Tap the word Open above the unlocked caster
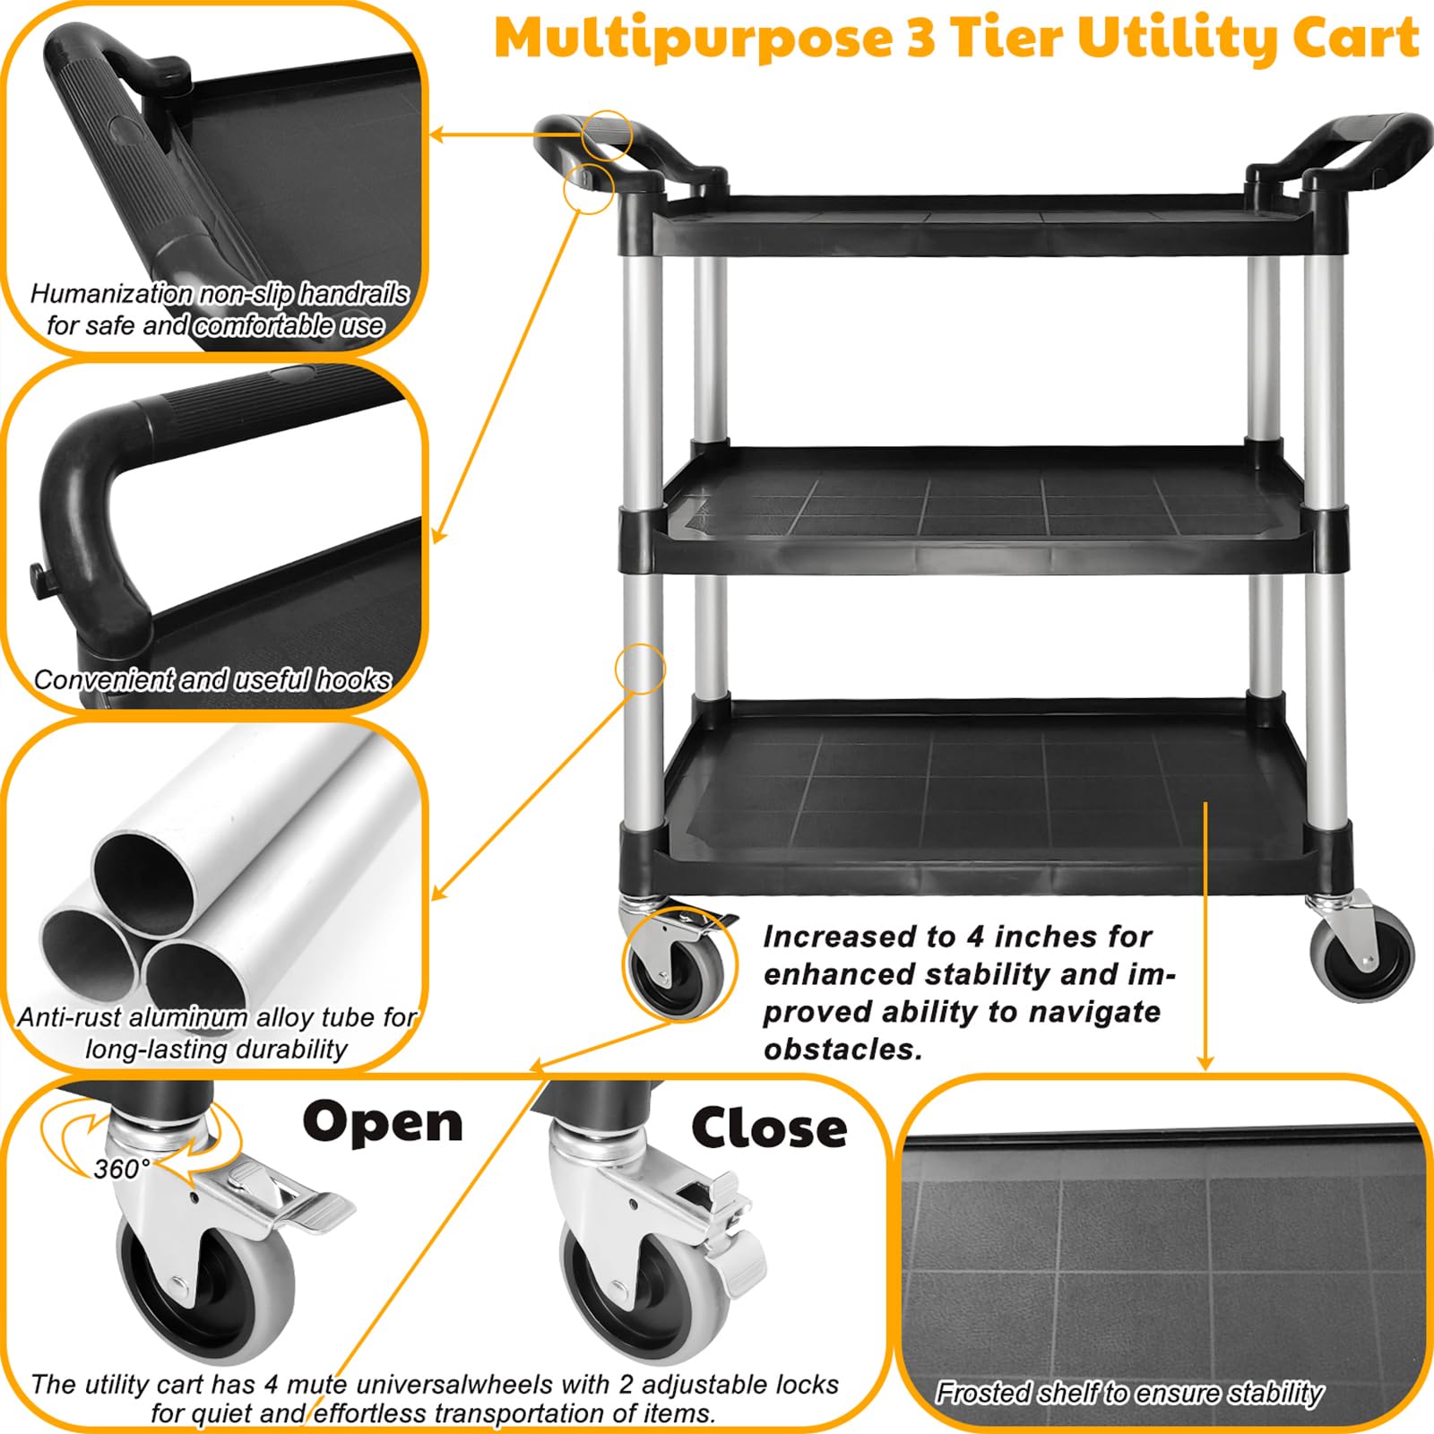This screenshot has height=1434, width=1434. coord(383,1124)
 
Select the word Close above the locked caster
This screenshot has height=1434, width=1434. coord(769,1127)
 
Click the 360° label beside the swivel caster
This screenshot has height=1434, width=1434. coord(122,1169)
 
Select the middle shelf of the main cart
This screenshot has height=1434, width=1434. coord(982,511)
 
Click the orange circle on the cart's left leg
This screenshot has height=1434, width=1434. coord(640,669)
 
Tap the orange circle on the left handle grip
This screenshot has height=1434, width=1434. coord(607,136)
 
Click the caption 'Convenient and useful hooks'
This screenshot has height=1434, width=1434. coord(212,680)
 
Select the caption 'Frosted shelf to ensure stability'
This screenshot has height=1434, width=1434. coord(1129,1393)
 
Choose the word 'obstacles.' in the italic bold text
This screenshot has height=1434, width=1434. coord(842,1050)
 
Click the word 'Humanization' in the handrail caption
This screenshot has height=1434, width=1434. coord(111,294)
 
